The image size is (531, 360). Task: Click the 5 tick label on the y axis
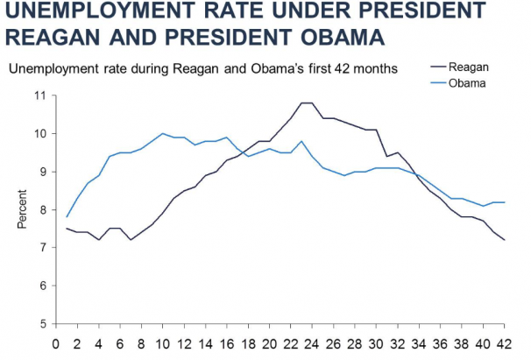tap(41, 324)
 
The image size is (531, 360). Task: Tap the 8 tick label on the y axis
tap(41, 210)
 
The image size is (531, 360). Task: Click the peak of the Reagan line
tap(306, 103)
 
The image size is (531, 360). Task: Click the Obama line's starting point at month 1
tap(67, 217)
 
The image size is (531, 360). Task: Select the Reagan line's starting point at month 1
tap(67, 229)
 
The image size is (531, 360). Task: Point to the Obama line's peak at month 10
tap(163, 134)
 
